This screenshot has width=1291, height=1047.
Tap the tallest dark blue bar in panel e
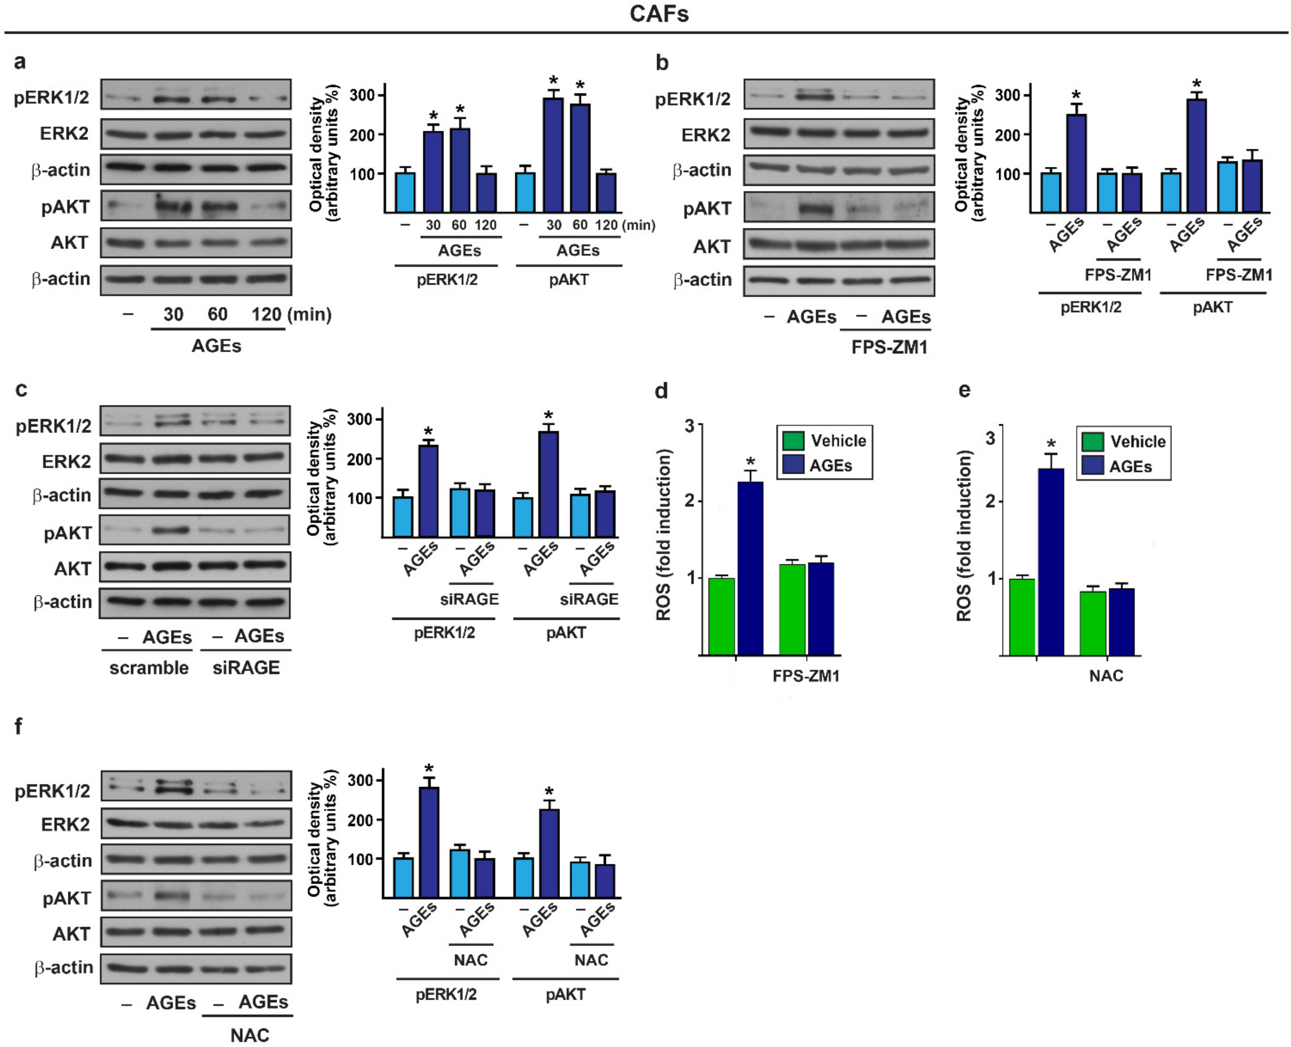click(x=1050, y=561)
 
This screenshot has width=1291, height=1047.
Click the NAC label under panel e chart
click(x=1106, y=675)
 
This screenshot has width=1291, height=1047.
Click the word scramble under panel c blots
click(x=149, y=668)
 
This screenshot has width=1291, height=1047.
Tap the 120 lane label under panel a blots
click(x=266, y=314)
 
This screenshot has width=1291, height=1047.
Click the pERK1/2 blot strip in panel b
click(x=838, y=95)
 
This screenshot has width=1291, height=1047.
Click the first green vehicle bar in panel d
click(x=721, y=616)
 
